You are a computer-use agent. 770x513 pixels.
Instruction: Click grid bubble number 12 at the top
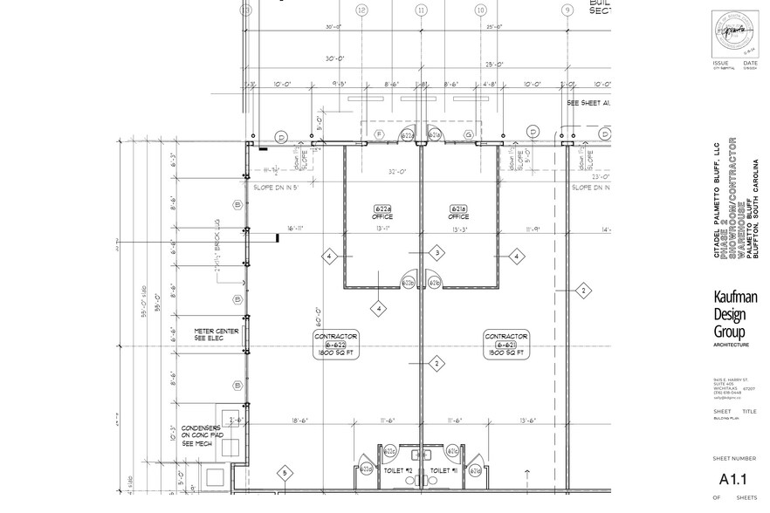coord(361,10)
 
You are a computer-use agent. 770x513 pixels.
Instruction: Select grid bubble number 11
coord(422,10)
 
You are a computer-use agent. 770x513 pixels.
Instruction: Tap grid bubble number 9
coord(567,10)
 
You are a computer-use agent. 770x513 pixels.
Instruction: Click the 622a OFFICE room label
coord(383,213)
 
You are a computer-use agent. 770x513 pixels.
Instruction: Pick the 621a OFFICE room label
coord(458,213)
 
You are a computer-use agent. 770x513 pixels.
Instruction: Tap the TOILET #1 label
coord(445,471)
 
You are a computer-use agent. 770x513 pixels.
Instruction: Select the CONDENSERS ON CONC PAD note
coord(203,435)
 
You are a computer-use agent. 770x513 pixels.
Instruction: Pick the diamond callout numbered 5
coord(285,474)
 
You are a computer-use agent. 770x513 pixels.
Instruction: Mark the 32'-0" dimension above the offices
coord(398,172)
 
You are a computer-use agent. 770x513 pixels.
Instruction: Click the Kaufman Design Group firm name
coord(735,315)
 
